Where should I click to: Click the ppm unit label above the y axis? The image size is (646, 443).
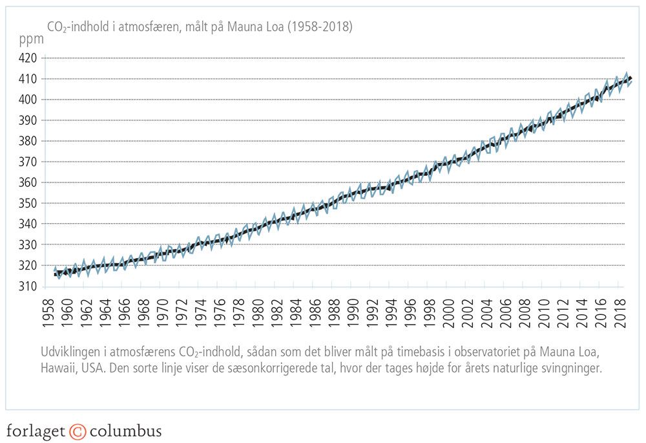pyautogui.click(x=32, y=39)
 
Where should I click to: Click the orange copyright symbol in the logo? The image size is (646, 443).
pyautogui.click(x=78, y=431)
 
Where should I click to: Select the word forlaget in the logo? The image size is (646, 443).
pyautogui.click(x=36, y=431)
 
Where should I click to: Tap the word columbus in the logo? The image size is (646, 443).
pyautogui.click(x=126, y=431)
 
